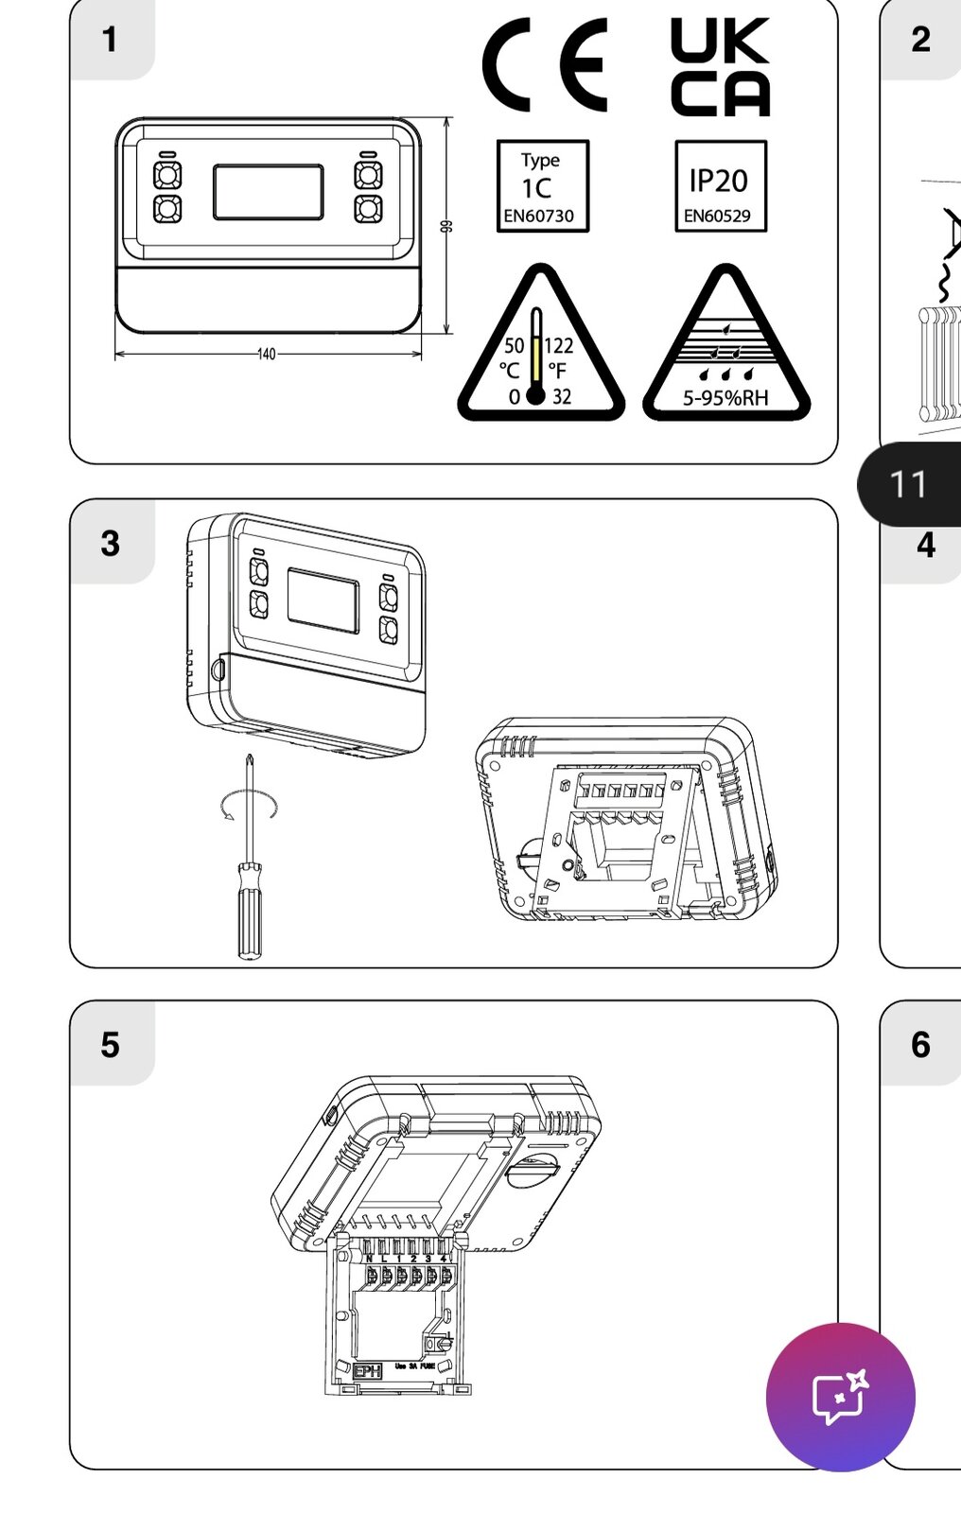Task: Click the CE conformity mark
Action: [544, 67]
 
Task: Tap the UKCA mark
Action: [720, 67]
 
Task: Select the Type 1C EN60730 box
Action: [542, 186]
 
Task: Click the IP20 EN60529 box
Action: [720, 186]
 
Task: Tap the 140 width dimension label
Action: [267, 355]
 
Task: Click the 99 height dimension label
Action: [447, 226]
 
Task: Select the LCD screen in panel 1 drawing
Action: [268, 193]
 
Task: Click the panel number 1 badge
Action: [111, 40]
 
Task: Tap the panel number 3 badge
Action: [111, 544]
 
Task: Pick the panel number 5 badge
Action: [111, 1045]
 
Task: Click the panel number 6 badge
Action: [920, 1045]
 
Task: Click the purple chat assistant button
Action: [840, 1397]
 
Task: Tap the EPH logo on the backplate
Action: [366, 1370]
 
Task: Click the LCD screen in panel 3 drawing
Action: [323, 600]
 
